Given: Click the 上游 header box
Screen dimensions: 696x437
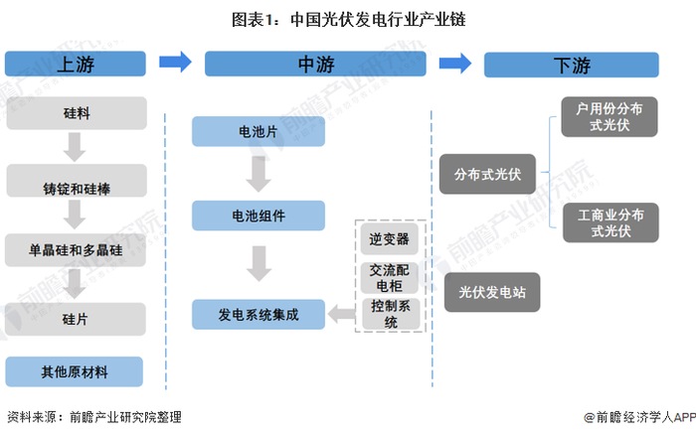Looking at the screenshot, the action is [x=76, y=64].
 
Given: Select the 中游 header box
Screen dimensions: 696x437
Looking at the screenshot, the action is [x=315, y=64].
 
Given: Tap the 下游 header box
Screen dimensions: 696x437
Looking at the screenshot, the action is [x=572, y=66].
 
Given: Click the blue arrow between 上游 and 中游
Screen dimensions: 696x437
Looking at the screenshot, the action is [x=175, y=62].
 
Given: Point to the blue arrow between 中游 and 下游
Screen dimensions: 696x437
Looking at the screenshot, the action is [x=455, y=64].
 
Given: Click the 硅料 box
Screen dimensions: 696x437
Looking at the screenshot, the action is [x=77, y=113].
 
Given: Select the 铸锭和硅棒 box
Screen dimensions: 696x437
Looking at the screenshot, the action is [x=77, y=181].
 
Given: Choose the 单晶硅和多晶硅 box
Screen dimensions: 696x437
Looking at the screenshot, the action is [x=76, y=250].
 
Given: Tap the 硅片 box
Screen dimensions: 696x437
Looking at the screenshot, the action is [x=76, y=319].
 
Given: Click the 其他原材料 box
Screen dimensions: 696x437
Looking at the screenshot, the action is [x=75, y=371].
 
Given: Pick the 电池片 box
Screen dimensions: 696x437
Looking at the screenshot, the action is [x=259, y=131].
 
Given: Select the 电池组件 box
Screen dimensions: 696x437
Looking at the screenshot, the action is [x=259, y=216].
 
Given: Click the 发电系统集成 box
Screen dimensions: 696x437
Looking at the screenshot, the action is [x=259, y=314].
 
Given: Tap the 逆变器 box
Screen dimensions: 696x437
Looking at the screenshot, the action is [x=390, y=239].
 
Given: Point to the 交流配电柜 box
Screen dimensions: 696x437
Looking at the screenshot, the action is [x=390, y=278].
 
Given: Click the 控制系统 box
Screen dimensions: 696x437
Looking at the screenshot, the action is [x=391, y=314].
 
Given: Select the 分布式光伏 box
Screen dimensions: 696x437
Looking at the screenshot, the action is [x=487, y=174].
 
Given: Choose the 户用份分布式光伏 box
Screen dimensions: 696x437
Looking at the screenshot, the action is [x=609, y=116].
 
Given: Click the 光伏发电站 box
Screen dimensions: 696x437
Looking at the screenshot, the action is [x=492, y=292].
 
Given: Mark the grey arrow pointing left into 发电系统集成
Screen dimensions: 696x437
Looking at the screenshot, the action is [x=342, y=314].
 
